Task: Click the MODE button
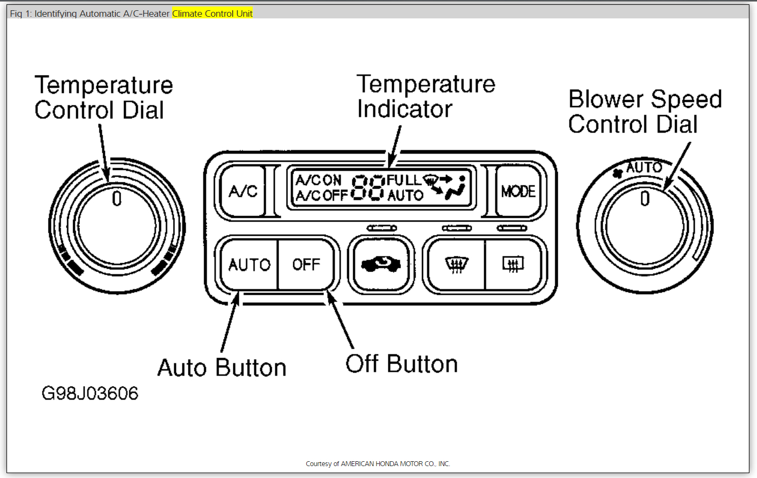tap(518, 191)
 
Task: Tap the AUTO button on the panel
tap(249, 264)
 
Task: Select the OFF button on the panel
tap(306, 264)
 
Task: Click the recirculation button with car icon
tap(380, 264)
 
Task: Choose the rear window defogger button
tap(512, 264)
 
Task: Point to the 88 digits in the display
tap(368, 188)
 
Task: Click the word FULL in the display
tap(403, 180)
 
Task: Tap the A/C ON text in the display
tap(319, 180)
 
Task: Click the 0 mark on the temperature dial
tap(117, 199)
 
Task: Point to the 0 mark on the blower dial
tap(644, 199)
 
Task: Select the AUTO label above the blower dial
tap(644, 168)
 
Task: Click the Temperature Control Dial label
tap(103, 98)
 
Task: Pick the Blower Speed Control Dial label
tap(644, 111)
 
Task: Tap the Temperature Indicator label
tap(425, 96)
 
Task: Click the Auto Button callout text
tap(222, 368)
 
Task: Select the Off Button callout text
tap(401, 364)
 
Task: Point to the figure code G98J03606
tap(90, 393)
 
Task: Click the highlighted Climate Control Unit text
tap(212, 14)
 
